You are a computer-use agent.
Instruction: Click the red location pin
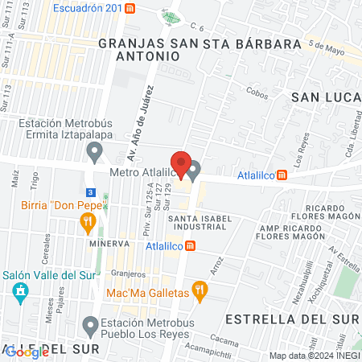[x=181, y=164]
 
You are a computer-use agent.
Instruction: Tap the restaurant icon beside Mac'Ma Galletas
[x=201, y=290]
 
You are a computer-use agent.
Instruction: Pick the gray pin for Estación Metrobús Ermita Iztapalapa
[x=96, y=150]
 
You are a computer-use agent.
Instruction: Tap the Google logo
[x=27, y=352]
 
